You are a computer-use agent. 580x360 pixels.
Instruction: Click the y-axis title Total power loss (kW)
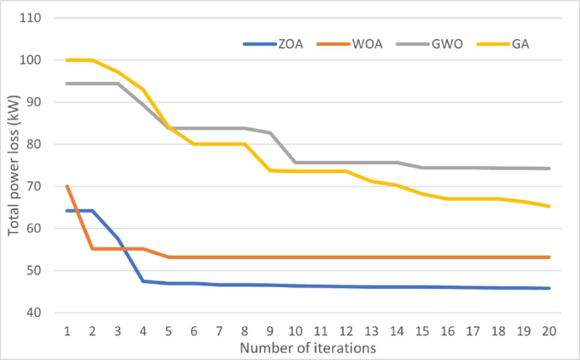[15, 166]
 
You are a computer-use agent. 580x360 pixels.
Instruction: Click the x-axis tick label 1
[66, 330]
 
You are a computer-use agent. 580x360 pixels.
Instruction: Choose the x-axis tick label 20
[549, 330]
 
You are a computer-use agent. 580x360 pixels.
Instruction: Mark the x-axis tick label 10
[295, 330]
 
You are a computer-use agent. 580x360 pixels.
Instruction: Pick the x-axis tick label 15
[422, 330]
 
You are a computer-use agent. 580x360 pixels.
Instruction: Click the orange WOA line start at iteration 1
[66, 186]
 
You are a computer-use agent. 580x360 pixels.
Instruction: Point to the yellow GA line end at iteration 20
[549, 206]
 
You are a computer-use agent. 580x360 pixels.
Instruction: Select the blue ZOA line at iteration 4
[142, 281]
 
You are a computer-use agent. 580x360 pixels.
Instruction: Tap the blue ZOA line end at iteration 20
[549, 288]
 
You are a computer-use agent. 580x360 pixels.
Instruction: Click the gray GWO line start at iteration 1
[66, 83]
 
